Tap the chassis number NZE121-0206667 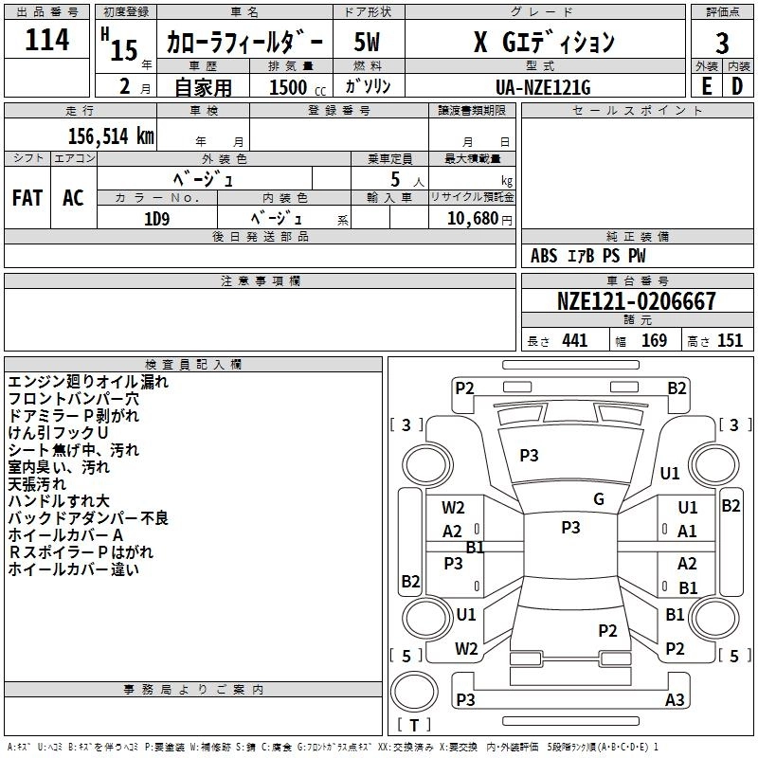click(636, 302)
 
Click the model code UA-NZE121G click(543, 87)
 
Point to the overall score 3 click(722, 43)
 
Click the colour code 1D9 click(156, 217)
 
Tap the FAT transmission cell click(27, 198)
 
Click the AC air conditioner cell click(73, 198)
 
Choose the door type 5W click(367, 42)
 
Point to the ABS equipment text click(544, 256)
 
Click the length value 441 click(574, 341)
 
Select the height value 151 click(730, 341)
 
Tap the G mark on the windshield click(599, 499)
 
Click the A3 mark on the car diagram click(675, 700)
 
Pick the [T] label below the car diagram click(413, 725)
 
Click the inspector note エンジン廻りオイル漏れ click(87, 382)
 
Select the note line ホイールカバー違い click(73, 569)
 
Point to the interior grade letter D click(736, 86)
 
